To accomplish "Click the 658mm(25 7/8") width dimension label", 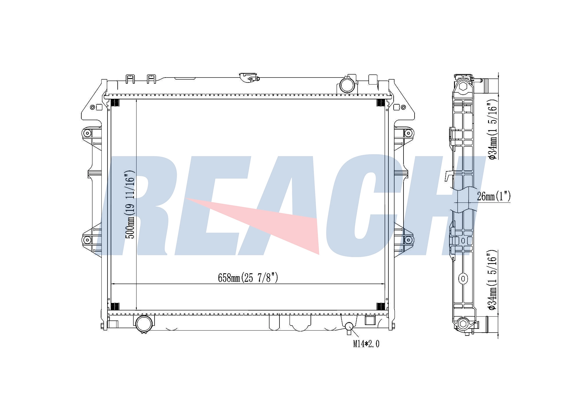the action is pyautogui.click(x=248, y=278).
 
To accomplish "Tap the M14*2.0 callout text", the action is pyautogui.click(x=366, y=344).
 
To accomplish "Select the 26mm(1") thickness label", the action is pyautogui.click(x=494, y=197).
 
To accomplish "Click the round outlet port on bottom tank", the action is pyautogui.click(x=144, y=324).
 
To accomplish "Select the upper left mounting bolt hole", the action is pyautogui.click(x=87, y=133).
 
